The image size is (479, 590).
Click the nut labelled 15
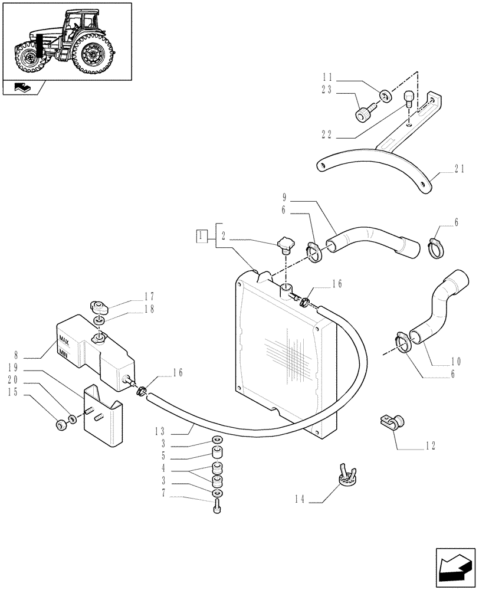tap(61, 425)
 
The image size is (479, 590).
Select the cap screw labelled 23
tap(364, 114)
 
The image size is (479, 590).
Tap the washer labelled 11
tap(385, 94)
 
